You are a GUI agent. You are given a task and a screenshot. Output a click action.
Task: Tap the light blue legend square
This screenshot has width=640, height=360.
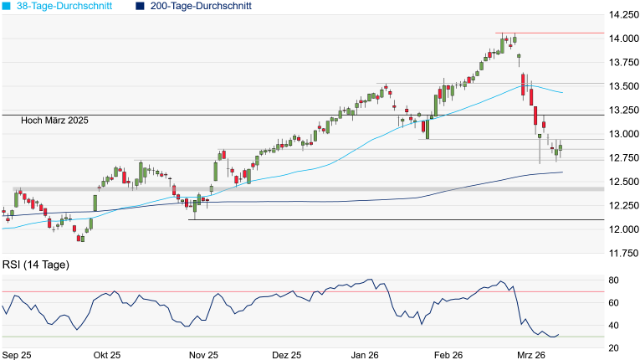coord(7,6)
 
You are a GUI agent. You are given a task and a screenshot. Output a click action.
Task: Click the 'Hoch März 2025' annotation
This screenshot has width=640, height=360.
coord(55,121)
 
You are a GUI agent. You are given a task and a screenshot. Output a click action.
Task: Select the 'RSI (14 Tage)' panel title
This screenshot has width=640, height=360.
coord(36,265)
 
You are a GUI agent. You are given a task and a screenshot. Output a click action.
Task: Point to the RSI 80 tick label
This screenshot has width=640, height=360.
coord(613,280)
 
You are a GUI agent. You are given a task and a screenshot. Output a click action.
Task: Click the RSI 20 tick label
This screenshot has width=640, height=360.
coord(613,348)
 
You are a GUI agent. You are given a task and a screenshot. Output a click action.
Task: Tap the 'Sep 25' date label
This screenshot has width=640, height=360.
coord(17,355)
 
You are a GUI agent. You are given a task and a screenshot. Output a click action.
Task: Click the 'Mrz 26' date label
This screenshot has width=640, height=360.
coord(533,355)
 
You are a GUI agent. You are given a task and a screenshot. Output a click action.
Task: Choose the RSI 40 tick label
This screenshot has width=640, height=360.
coord(613,326)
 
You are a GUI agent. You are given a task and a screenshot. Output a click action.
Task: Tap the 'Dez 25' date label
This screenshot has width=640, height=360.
coord(286,355)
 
